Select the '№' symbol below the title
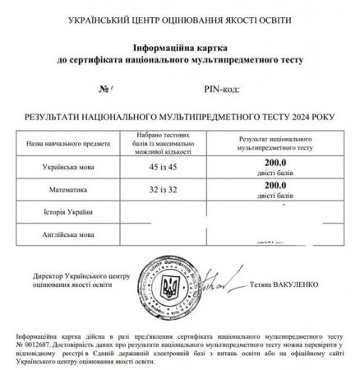[x=103, y=87]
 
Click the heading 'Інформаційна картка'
[x=179, y=49]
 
